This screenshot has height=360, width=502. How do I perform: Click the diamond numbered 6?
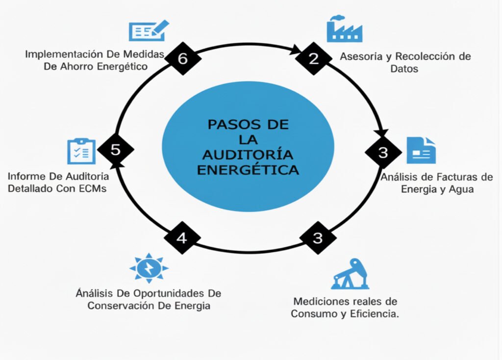[x=183, y=58]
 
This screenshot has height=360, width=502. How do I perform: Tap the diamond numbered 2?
[x=314, y=58]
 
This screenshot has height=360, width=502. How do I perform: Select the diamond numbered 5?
[x=116, y=150]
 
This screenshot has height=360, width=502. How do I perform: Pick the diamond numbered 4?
[x=182, y=238]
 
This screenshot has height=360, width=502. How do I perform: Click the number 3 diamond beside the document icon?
[x=383, y=152]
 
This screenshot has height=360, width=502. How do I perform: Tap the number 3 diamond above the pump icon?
[x=318, y=238]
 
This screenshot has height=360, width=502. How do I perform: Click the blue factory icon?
[x=344, y=29]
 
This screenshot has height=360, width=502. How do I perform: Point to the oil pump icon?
[x=349, y=275]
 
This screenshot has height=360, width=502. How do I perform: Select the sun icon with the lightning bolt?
[x=149, y=268]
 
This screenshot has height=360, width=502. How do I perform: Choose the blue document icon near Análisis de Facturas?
[x=421, y=150]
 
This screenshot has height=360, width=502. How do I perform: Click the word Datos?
[x=404, y=69]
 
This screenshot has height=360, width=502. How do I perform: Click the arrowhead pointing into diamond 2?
[x=297, y=50]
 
